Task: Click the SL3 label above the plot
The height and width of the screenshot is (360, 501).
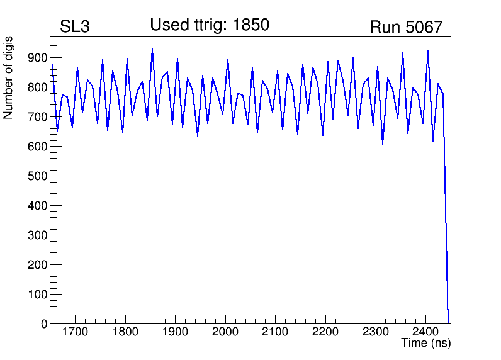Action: tap(75, 26)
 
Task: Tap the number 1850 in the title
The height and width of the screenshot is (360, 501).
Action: tap(251, 25)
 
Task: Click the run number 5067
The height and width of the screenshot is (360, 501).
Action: tap(424, 27)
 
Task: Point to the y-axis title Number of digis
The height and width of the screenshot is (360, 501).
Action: tap(8, 77)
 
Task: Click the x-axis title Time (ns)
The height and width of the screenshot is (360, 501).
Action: tap(426, 343)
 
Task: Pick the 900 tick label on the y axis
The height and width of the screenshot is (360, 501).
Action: tap(37, 58)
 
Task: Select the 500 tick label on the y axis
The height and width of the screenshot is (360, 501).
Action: tap(37, 176)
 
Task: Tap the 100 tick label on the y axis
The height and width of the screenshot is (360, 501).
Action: tap(37, 294)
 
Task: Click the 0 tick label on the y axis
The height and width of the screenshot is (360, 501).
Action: tap(44, 323)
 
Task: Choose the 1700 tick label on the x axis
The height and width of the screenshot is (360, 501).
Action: tap(75, 332)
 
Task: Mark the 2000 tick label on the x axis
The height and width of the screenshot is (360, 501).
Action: tap(225, 332)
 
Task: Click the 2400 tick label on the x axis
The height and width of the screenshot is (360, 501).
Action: tap(425, 332)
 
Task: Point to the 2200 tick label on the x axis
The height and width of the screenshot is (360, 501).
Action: tap(325, 332)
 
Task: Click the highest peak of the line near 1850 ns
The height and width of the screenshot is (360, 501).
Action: tap(152, 49)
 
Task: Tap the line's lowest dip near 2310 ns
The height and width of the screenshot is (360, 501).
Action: tap(383, 143)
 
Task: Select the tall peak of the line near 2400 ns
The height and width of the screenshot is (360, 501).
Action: tap(428, 50)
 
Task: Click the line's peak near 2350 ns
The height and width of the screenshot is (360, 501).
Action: tap(403, 53)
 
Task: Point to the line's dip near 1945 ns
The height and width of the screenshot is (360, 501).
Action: tap(198, 135)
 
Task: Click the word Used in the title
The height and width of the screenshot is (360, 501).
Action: tap(170, 25)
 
